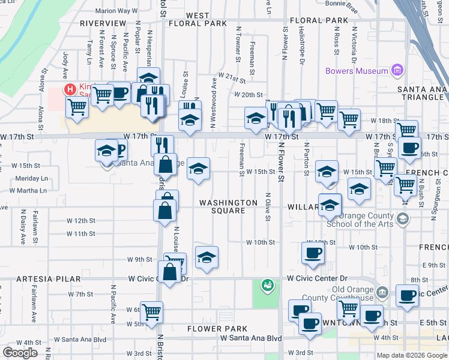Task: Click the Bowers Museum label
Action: coord(357,71)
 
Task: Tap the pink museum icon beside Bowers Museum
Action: coord(396,71)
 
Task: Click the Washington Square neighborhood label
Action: coord(228,206)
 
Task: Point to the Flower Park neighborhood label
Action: coord(217,329)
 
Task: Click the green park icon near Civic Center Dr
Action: coord(267,286)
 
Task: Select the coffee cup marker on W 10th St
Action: coord(312,253)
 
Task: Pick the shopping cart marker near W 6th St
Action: coord(151,311)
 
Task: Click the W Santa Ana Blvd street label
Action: coord(251,338)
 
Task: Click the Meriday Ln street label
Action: coord(32,178)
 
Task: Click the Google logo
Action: coord(20,353)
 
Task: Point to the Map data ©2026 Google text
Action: coord(411,355)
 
